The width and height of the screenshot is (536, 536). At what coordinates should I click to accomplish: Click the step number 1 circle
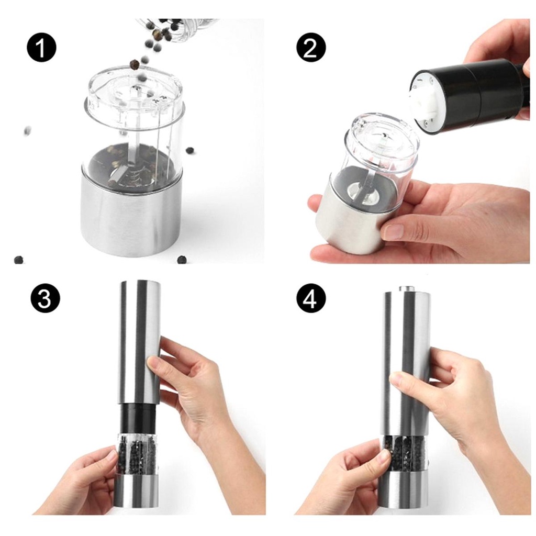point(41,48)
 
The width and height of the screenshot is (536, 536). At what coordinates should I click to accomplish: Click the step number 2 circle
point(311,48)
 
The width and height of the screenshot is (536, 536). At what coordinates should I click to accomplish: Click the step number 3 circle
point(45,298)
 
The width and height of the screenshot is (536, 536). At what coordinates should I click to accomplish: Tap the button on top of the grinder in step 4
point(406,288)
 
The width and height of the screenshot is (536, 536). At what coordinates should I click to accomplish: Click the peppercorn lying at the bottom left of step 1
point(19,260)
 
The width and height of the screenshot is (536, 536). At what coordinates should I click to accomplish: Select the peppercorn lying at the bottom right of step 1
point(182,260)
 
